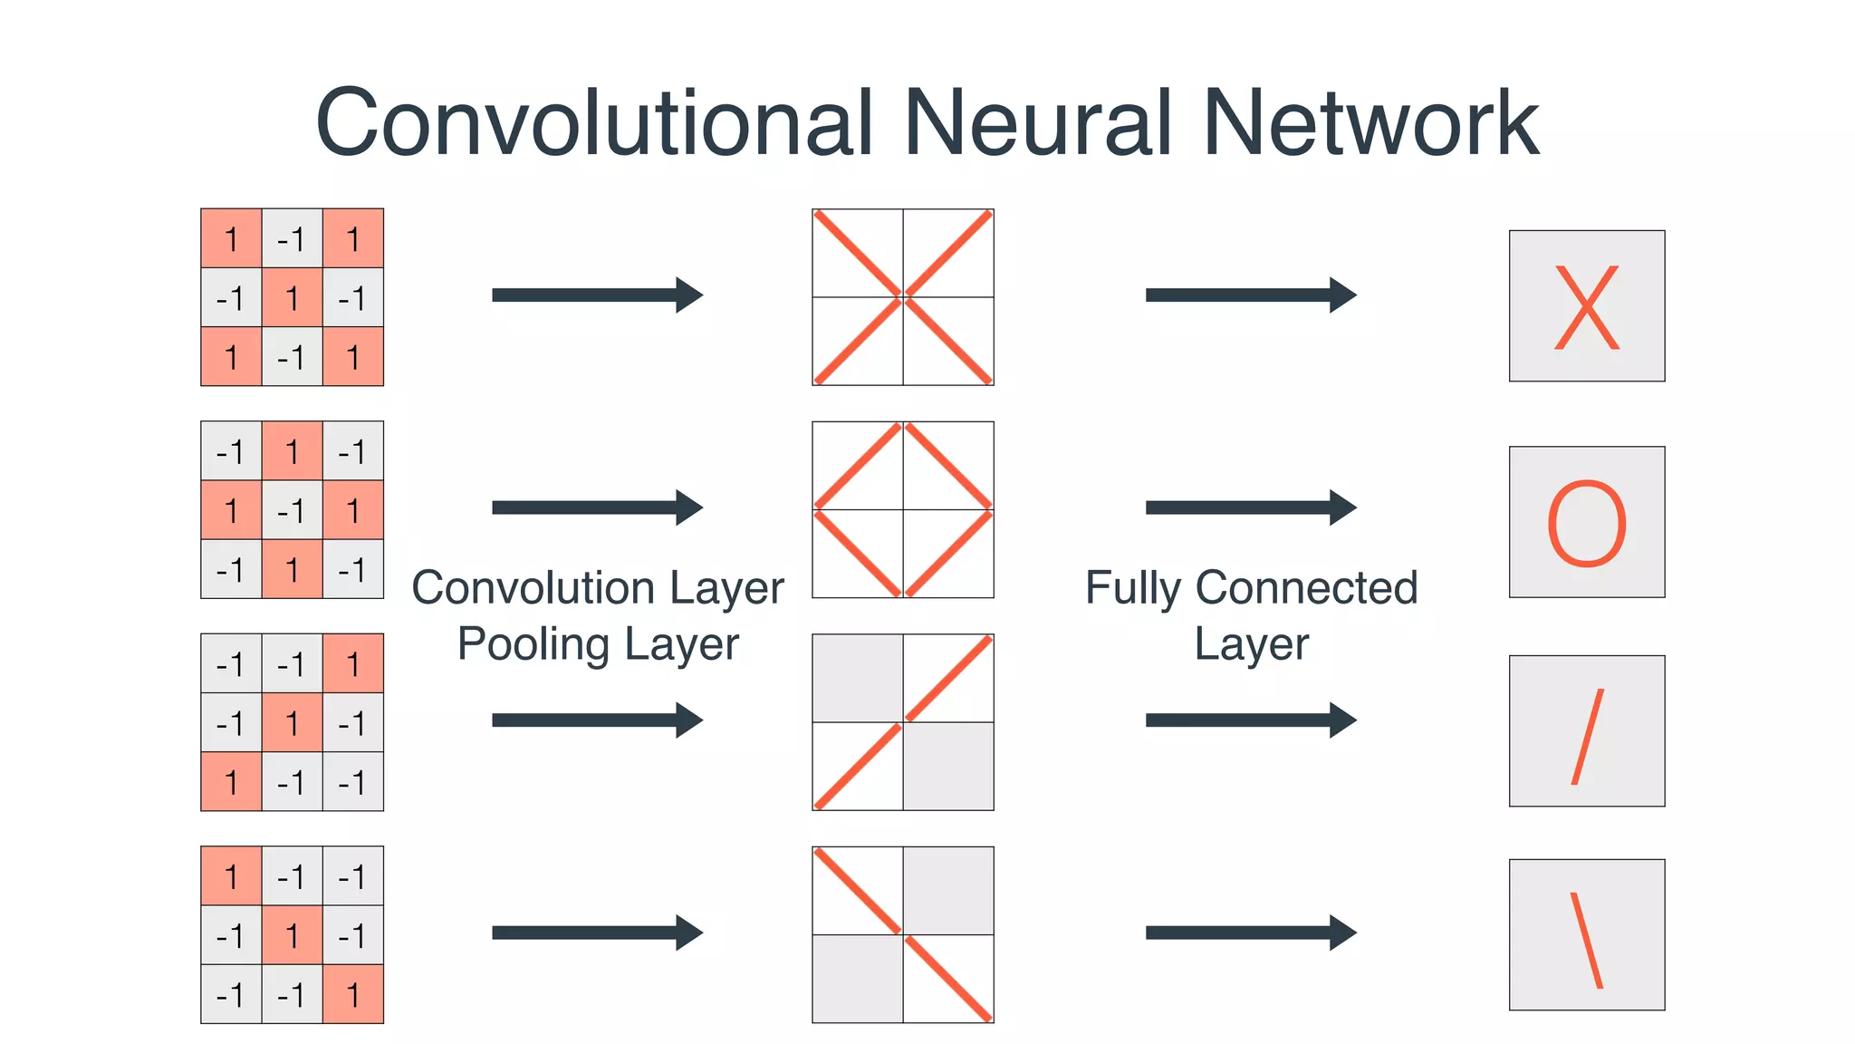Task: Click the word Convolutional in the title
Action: (593, 123)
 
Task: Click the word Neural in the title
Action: (1038, 123)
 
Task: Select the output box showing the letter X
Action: (1586, 305)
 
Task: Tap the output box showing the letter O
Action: (1586, 522)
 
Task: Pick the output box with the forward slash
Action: (1586, 730)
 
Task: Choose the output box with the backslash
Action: (1586, 934)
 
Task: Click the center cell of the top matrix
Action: (292, 297)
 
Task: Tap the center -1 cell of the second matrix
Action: (292, 510)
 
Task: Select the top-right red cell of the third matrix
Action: (352, 663)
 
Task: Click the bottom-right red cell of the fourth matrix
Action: (352, 994)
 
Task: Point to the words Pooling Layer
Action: (598, 644)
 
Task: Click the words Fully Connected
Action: (1251, 587)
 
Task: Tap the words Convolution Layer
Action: (598, 587)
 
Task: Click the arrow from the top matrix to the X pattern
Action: (597, 295)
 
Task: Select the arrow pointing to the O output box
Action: (1250, 507)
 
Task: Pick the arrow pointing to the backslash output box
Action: (1250, 933)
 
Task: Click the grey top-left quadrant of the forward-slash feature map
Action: (858, 678)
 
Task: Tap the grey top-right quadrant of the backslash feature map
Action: (948, 890)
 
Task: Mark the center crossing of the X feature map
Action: (903, 296)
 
